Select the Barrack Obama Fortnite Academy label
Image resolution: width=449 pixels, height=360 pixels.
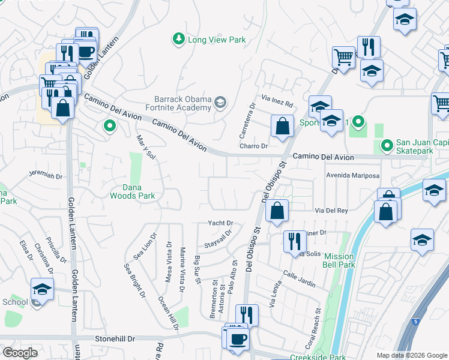(x=179, y=104)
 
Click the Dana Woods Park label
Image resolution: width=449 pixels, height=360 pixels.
(x=132, y=191)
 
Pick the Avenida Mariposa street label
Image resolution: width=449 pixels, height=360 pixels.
(x=353, y=176)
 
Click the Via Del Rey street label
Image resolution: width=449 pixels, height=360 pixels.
(x=332, y=211)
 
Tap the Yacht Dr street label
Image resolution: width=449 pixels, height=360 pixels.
(x=220, y=223)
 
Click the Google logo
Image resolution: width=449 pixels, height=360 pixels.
(x=20, y=353)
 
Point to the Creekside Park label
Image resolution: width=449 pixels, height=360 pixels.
(x=318, y=357)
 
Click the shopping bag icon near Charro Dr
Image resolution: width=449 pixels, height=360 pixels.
(x=282, y=127)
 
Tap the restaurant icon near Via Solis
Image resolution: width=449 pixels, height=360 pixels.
(x=294, y=242)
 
